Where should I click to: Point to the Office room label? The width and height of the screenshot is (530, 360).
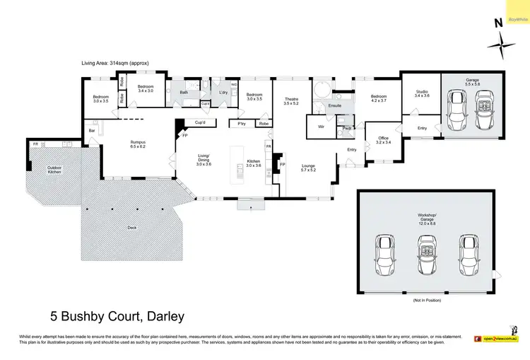[x=383, y=140]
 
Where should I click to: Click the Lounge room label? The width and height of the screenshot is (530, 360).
[x=308, y=167]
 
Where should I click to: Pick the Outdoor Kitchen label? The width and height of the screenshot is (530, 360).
[x=54, y=170]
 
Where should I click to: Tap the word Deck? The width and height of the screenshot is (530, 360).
[x=131, y=228]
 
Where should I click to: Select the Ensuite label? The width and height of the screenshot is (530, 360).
[x=335, y=106]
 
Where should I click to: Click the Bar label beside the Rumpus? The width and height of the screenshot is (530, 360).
[x=92, y=130]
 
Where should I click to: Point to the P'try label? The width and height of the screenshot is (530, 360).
[x=241, y=124]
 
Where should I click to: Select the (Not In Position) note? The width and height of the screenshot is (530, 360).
[x=427, y=301]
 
